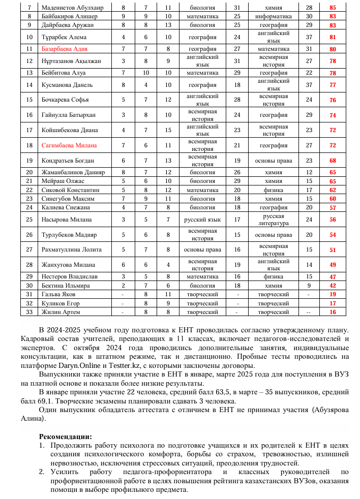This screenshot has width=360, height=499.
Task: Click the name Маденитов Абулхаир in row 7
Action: pyautogui.click(x=69, y=8)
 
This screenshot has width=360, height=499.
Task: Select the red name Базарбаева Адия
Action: pyautogui.click(x=65, y=49)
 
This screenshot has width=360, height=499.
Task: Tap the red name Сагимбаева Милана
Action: pyautogui.click(x=69, y=145)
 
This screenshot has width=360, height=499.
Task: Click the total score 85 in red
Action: pyautogui.click(x=333, y=8)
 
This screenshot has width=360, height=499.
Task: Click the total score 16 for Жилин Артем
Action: pyautogui.click(x=333, y=312)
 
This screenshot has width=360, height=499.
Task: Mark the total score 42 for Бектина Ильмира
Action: pyautogui.click(x=333, y=286)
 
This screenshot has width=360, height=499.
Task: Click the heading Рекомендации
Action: pyautogui.click(x=66, y=436)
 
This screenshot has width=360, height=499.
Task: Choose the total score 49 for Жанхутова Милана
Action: pyautogui.click(x=333, y=265)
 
